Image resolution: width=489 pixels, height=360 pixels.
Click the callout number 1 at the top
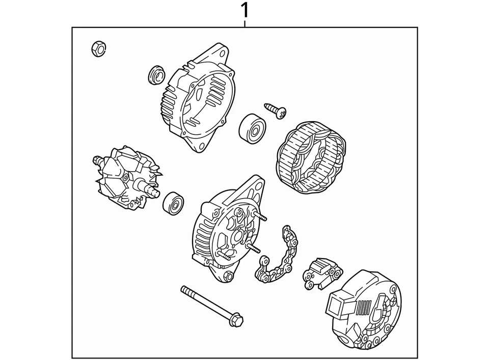point(245,10)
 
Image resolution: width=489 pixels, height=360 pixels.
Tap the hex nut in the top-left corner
point(98,48)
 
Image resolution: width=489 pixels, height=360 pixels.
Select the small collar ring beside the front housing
point(156,75)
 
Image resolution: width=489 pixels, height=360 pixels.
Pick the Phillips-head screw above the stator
point(276,110)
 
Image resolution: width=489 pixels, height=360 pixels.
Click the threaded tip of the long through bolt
point(184,290)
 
